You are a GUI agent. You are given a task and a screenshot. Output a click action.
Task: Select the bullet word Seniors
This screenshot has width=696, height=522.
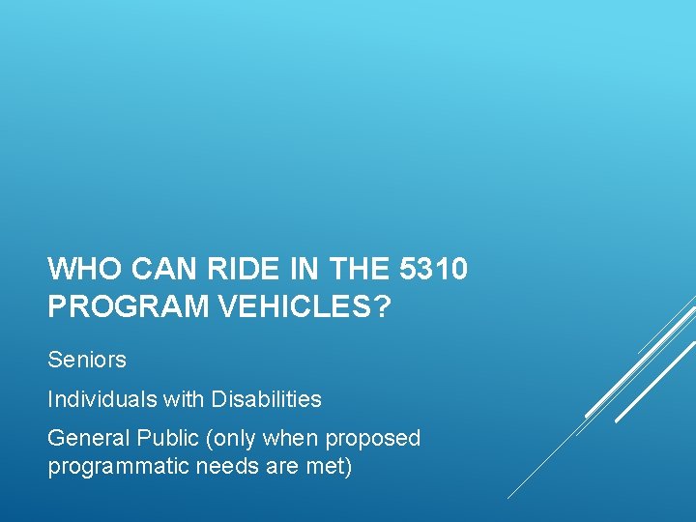point(87,360)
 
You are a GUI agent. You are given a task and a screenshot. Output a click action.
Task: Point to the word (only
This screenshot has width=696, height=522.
point(227,438)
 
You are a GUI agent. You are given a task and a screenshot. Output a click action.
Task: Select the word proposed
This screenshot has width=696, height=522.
point(372,438)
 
